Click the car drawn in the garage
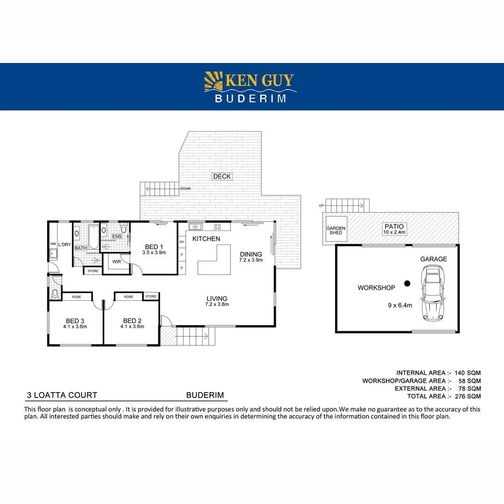pos(433,293)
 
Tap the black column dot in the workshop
pos(407,283)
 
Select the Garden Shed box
pos(336,231)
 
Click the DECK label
pos(222,176)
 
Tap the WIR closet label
pos(116,261)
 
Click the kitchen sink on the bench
pos(196,227)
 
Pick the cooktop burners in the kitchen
pos(217,227)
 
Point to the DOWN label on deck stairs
pos(185,189)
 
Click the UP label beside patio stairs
pos(321,205)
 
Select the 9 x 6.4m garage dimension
pos(400,306)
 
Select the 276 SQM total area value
pos(468,396)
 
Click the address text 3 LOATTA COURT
pos(62,395)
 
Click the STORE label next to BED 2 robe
pos(151,296)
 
